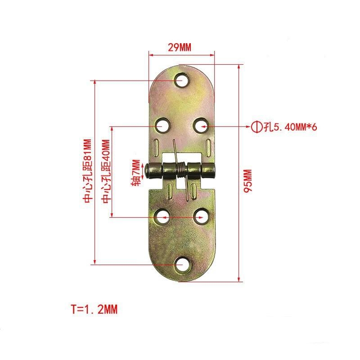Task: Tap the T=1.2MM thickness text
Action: (x=94, y=310)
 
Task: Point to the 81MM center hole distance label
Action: (x=88, y=171)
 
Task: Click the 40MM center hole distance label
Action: (x=106, y=171)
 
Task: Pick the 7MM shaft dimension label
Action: (x=135, y=171)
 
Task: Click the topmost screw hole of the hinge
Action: (x=182, y=81)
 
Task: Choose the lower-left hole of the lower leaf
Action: (x=162, y=218)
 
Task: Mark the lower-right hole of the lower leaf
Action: (x=201, y=218)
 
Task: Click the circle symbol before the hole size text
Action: (x=256, y=127)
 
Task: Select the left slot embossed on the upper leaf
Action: (x=156, y=146)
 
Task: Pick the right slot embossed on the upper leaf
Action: (x=208, y=146)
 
